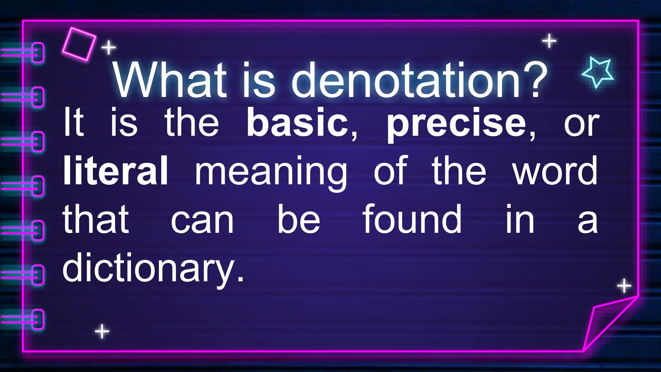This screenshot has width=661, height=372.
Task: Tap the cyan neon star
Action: click(598, 71)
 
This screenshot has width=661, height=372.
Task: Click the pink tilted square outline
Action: click(79, 44)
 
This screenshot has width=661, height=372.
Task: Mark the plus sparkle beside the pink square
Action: click(109, 48)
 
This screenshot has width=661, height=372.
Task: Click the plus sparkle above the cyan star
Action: click(549, 41)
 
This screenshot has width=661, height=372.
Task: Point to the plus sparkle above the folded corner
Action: click(624, 286)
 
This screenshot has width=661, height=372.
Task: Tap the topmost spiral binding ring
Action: click(38, 52)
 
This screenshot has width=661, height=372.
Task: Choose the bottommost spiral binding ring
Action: click(38, 319)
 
